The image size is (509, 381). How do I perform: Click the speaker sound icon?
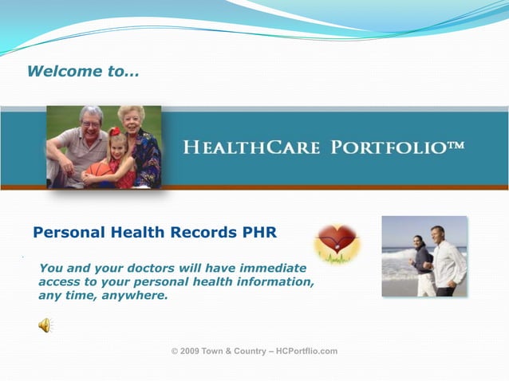(x=45, y=325)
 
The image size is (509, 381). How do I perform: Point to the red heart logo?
(x=337, y=242)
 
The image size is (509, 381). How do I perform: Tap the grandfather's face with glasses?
(x=91, y=122)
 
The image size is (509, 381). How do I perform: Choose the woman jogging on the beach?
(x=422, y=264)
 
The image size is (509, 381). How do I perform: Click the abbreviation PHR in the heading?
(x=259, y=234)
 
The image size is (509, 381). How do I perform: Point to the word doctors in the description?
(x=147, y=269)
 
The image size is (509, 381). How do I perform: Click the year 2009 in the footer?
(x=190, y=352)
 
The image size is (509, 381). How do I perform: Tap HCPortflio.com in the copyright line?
(x=306, y=352)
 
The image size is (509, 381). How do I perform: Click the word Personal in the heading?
(x=69, y=234)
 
